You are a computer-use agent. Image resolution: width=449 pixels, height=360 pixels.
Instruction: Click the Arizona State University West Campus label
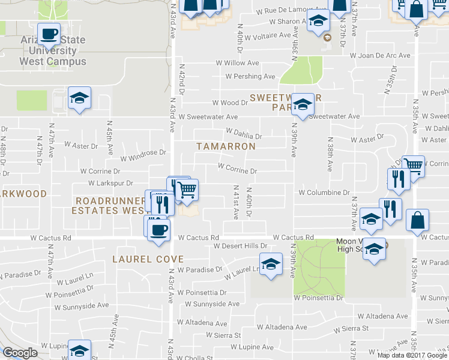[53, 51]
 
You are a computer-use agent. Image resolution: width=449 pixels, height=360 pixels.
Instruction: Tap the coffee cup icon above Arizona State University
[49, 34]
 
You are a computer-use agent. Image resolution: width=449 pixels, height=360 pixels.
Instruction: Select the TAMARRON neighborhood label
[226, 146]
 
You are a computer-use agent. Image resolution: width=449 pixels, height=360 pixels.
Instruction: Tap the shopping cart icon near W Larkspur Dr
[187, 190]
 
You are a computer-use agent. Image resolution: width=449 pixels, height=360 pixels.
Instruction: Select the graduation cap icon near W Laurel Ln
[271, 263]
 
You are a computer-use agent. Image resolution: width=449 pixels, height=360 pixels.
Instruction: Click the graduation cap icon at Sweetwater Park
[303, 105]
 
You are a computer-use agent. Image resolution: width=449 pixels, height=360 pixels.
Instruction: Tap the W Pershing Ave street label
[250, 76]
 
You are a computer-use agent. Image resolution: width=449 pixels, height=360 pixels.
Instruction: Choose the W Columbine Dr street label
[324, 193]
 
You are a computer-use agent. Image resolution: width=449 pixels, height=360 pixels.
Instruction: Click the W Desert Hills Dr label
[240, 246]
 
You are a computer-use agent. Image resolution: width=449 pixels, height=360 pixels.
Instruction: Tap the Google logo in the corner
[20, 353]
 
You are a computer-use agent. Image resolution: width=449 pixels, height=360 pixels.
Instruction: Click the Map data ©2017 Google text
[412, 355]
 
